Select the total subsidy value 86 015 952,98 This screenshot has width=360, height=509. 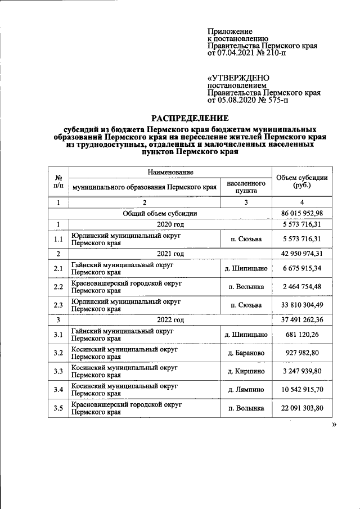(301, 213)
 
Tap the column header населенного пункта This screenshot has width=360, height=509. (246, 187)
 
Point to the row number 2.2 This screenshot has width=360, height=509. (57, 287)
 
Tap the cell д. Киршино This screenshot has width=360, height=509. (246, 371)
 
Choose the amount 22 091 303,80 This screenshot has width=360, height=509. (301, 408)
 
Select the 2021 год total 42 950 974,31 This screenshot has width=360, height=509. (301, 254)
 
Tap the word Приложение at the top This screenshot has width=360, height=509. (229, 31)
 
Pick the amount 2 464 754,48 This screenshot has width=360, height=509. (301, 287)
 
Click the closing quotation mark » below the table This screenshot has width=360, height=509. (334, 426)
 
